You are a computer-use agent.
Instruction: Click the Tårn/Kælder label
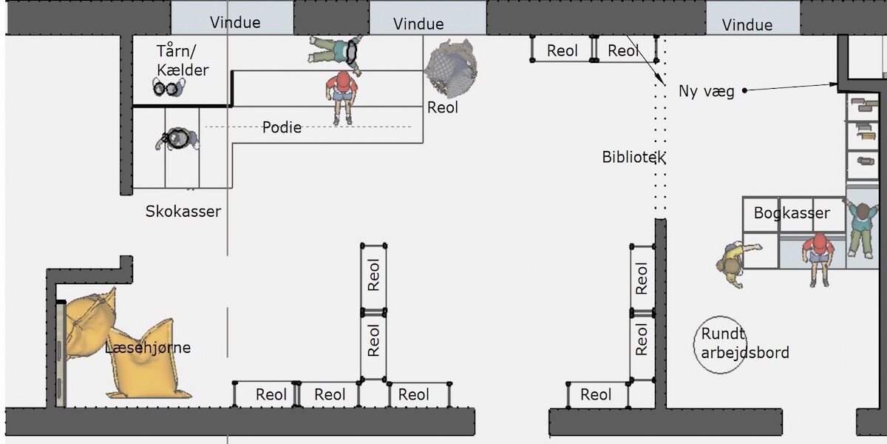point(183,61)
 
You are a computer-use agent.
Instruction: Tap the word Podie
point(282,127)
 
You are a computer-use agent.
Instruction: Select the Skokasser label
point(183,212)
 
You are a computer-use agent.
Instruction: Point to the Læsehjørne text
point(148,347)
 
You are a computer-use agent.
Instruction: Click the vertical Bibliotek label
point(634,157)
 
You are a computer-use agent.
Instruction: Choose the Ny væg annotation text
point(707,92)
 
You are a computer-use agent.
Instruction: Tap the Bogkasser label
point(792,213)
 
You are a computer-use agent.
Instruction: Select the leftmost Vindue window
point(234,21)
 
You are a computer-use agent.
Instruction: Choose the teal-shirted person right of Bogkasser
point(859,228)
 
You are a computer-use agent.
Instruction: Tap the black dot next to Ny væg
point(744,91)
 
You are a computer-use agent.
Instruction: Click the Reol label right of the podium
point(443,107)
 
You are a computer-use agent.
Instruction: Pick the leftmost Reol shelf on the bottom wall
point(266,394)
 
